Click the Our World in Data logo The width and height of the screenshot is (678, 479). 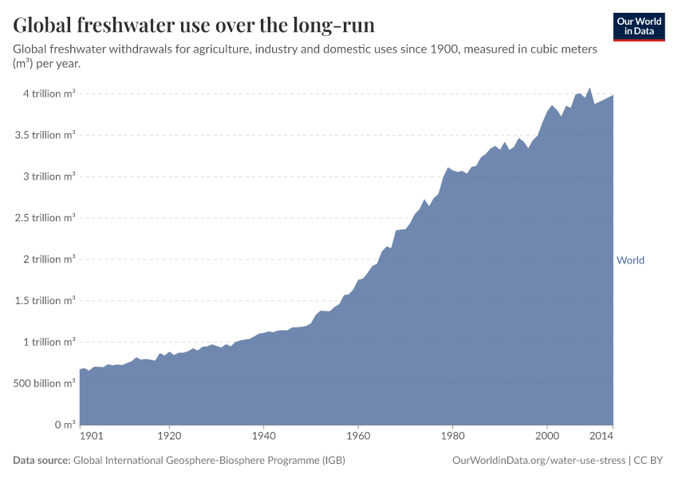[x=639, y=27]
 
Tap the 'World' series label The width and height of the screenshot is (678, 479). [x=630, y=260]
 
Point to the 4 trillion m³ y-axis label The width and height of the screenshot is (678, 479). [x=49, y=93]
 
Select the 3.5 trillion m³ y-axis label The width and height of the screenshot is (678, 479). [x=45, y=135]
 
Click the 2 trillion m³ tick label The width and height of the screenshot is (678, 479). [x=49, y=259]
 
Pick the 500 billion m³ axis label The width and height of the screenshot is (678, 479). [x=44, y=383]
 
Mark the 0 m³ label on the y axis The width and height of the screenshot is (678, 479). [x=65, y=425]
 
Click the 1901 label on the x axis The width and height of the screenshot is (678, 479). [x=92, y=436]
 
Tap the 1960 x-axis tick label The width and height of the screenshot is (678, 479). [x=358, y=436]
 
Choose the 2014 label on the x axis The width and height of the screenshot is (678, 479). [x=601, y=436]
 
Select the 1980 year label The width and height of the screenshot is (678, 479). [x=453, y=436]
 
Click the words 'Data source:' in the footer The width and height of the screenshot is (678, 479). [x=41, y=460]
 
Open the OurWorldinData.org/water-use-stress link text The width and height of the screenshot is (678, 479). [x=538, y=461]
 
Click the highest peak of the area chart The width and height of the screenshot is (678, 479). [x=589, y=88]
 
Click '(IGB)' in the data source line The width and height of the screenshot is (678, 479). [x=333, y=460]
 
